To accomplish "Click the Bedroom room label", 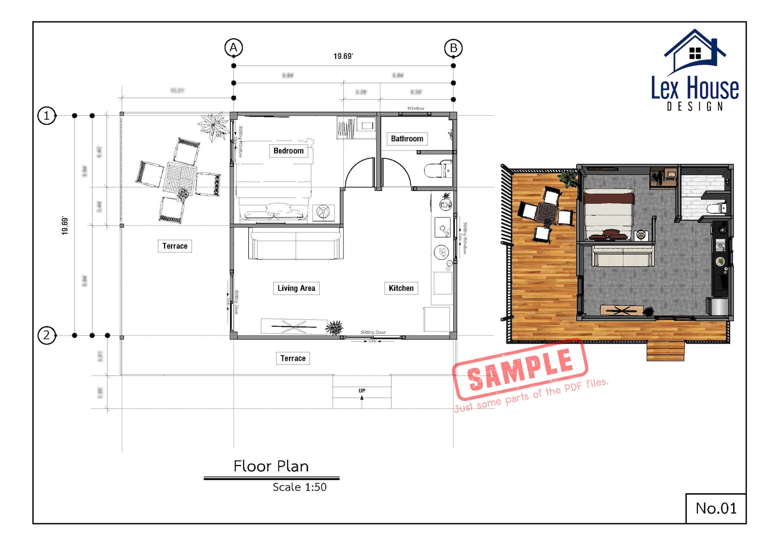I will [x=289, y=151].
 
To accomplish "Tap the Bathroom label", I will [x=407, y=139].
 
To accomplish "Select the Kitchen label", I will [x=401, y=288].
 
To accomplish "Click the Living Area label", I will [x=296, y=288].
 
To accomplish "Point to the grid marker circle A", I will [x=233, y=47].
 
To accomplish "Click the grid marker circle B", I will [x=453, y=48].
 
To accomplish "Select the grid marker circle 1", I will [x=46, y=115].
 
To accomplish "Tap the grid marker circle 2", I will [x=46, y=335].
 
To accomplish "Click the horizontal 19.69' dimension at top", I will [x=343, y=56].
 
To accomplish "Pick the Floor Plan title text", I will [x=271, y=466].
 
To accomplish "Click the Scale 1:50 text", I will [x=299, y=487].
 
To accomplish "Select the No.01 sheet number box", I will [x=716, y=508].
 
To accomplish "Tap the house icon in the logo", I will [x=695, y=51].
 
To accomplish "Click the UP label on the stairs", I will [x=362, y=390].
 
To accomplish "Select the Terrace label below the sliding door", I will [x=292, y=358].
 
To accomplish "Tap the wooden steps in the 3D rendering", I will [x=665, y=351].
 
